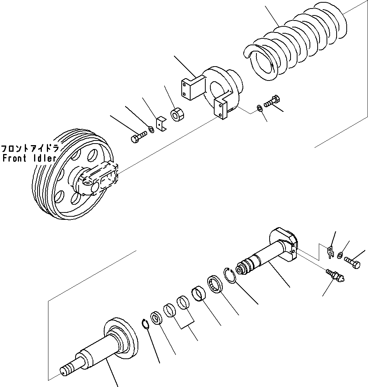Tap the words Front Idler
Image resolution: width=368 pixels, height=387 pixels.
(x=29, y=158)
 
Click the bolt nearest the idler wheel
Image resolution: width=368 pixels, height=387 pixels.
(x=138, y=137)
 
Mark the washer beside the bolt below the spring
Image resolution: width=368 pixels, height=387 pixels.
(x=259, y=108)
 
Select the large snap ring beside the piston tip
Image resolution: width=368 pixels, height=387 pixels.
(x=230, y=276)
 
